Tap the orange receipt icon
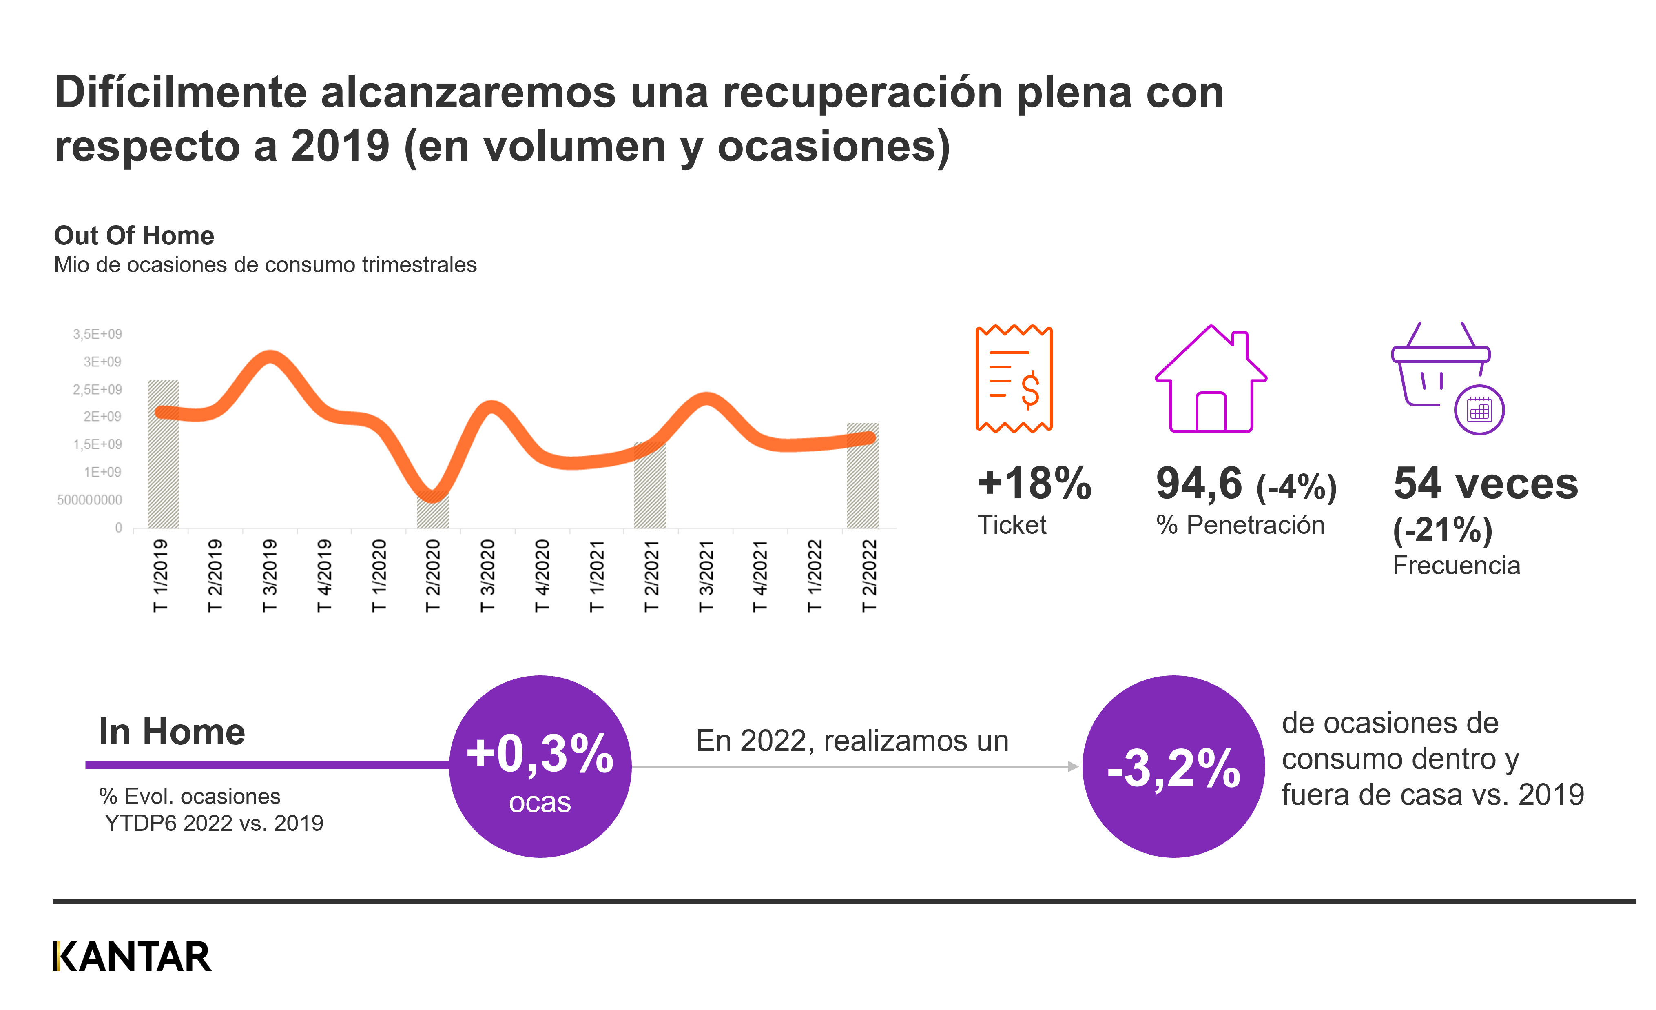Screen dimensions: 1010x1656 coord(1014,379)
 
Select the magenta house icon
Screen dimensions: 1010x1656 coord(1211,380)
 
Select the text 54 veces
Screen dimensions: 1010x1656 coord(1485,484)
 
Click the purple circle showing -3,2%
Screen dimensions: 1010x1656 coord(1173,766)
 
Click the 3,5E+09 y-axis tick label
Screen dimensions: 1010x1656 coord(97,334)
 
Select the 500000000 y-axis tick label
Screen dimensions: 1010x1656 coord(89,499)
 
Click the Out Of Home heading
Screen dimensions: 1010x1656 coord(134,235)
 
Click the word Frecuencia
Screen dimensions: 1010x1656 coord(1456,566)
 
